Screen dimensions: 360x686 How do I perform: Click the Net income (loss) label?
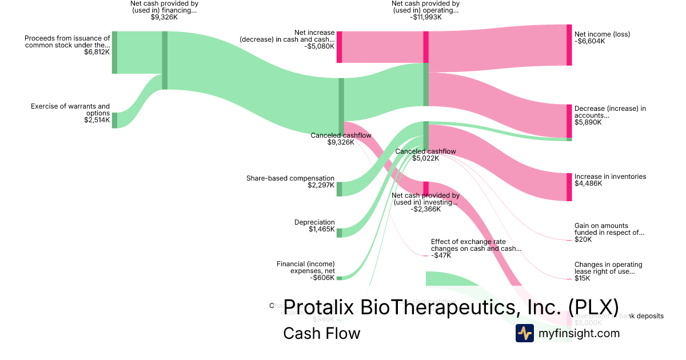[602, 34]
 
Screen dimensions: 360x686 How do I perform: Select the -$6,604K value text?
[589, 41]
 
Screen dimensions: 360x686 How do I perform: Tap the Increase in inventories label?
[610, 177]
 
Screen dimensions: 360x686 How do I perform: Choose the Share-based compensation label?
[290, 178]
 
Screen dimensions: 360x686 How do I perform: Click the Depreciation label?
[314, 222]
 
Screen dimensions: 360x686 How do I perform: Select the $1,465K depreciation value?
[322, 230]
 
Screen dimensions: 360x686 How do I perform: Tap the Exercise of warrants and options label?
[70, 109]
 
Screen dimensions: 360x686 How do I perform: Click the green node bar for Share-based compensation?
[339, 189]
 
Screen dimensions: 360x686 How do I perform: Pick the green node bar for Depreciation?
[339, 233]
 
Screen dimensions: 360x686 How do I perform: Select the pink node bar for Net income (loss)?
[569, 45]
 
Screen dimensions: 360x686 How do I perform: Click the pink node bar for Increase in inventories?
[569, 187]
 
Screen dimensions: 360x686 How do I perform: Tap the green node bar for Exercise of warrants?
[114, 120]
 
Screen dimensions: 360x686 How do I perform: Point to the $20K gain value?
[583, 239]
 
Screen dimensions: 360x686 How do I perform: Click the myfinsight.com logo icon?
[525, 333]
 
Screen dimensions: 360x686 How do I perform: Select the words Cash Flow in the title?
[321, 333]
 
